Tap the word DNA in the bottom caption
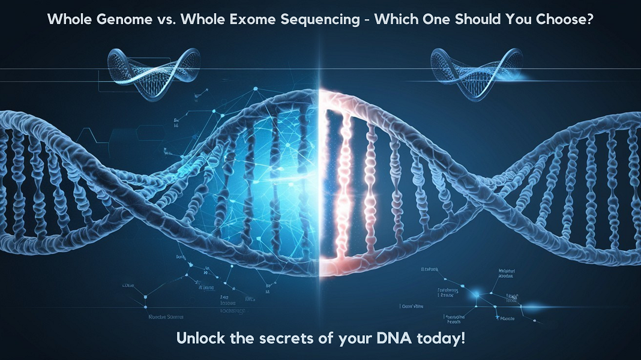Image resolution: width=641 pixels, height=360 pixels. coord(375,338)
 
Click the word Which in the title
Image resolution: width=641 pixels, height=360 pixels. coord(397,19)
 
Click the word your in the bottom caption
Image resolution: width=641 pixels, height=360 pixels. coord(339,338)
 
